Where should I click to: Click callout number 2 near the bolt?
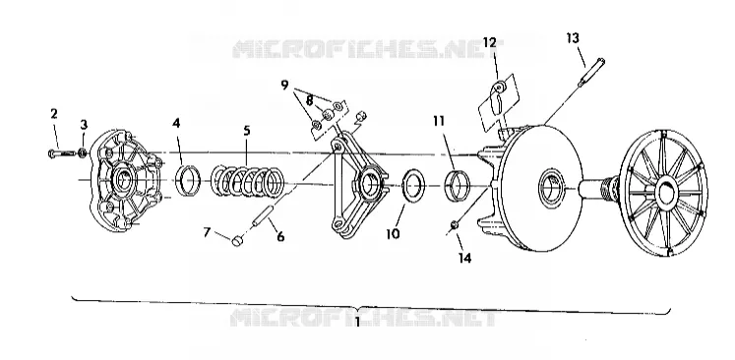click(54, 113)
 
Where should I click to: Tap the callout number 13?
click(573, 38)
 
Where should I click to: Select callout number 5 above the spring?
click(247, 131)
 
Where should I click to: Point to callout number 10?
click(393, 233)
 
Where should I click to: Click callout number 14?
click(464, 258)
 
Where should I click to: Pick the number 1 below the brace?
click(357, 323)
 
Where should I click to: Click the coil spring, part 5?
click(248, 181)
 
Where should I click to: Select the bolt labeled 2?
click(61, 153)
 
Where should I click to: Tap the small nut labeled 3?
click(83, 152)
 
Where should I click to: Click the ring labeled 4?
click(189, 180)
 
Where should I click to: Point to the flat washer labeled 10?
click(414, 185)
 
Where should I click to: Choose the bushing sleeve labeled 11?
click(457, 186)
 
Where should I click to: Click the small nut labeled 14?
click(455, 225)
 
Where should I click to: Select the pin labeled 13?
click(591, 72)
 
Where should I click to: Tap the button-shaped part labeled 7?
click(238, 241)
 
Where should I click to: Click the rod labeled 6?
click(263, 215)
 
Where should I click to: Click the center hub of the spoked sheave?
click(665, 192)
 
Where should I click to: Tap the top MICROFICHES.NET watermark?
click(368, 49)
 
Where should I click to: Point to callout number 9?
click(284, 86)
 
